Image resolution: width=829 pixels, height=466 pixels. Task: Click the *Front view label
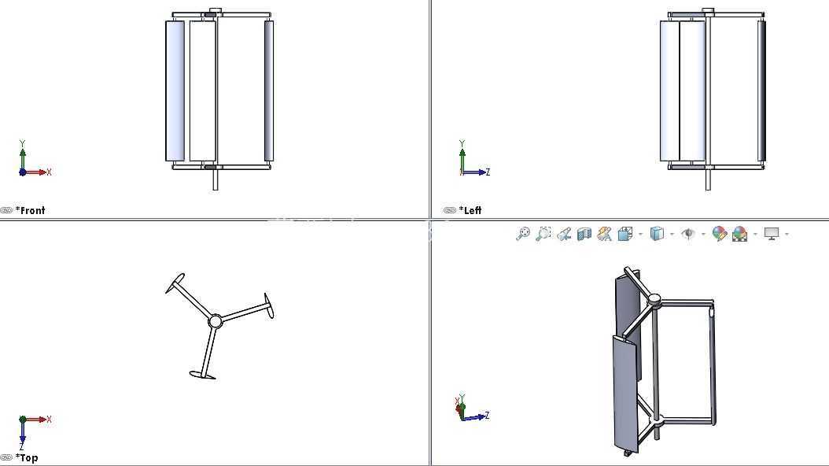[30, 210]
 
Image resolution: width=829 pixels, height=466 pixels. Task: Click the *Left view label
[470, 210]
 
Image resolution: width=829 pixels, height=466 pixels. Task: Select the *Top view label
[27, 458]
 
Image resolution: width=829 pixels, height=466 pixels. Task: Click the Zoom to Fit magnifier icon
[523, 234]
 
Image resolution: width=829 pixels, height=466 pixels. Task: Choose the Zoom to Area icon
[543, 234]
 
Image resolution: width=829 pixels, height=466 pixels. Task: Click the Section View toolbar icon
[584, 234]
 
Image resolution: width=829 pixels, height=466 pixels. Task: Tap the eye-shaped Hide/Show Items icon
[688, 233]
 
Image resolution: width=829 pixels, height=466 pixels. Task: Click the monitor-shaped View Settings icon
[772, 234]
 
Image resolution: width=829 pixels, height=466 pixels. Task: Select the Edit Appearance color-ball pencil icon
[719, 234]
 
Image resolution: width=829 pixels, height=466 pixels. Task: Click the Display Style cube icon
[657, 234]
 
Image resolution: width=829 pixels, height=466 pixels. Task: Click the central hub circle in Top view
[216, 321]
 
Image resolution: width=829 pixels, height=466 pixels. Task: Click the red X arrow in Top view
[35, 420]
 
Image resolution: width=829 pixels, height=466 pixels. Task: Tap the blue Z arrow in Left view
[475, 172]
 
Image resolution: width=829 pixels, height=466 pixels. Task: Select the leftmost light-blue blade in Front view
[175, 91]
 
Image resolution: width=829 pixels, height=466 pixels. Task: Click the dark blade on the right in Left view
[761, 91]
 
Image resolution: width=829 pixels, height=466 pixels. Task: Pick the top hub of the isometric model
[654, 300]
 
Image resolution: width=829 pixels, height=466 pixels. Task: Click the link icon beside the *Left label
[449, 210]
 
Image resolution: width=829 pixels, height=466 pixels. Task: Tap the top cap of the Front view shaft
[216, 10]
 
